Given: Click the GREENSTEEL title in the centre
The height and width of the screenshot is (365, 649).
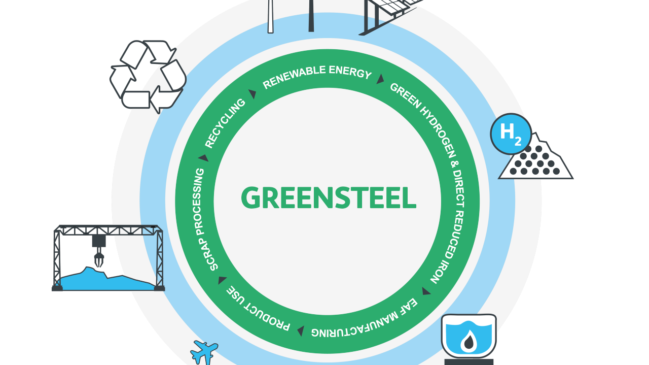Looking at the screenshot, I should pyautogui.click(x=328, y=198).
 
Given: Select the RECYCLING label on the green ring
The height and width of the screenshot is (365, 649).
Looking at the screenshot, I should pyautogui.click(x=225, y=123).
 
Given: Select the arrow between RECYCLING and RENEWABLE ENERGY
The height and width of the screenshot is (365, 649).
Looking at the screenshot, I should pyautogui.click(x=253, y=94).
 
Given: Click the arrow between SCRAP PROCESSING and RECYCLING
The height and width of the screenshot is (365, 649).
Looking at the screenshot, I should pyautogui.click(x=204, y=158).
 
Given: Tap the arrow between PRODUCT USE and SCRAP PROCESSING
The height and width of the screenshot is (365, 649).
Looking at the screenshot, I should pyautogui.click(x=222, y=280).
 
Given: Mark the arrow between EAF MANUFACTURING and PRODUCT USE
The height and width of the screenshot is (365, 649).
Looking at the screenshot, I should pyautogui.click(x=301, y=331).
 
